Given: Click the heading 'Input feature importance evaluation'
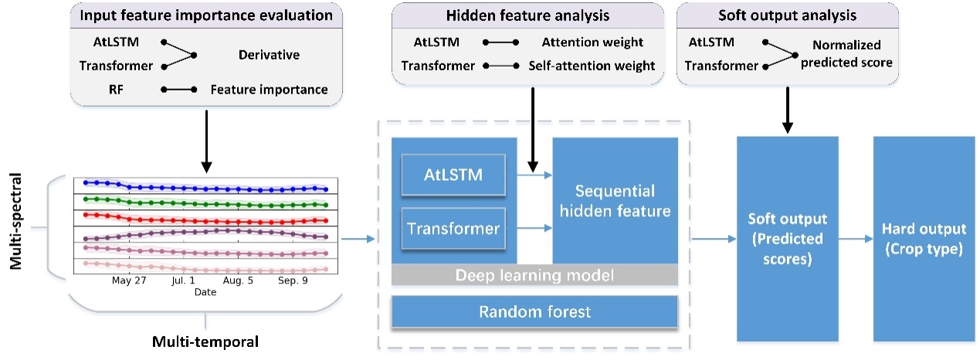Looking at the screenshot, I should tap(206, 16).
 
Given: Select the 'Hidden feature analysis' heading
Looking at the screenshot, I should tap(529, 16).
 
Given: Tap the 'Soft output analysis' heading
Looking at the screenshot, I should tap(786, 16).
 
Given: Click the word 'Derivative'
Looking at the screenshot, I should tap(269, 55).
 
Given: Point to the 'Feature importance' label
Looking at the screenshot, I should tap(269, 90).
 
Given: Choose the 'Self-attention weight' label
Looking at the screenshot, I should tap(592, 66).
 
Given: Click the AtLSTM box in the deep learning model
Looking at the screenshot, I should tap(453, 175).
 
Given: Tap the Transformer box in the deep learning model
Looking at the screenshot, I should tap(453, 228).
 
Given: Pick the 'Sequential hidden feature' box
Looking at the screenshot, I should tap(615, 200).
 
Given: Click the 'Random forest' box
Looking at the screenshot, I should tap(534, 311).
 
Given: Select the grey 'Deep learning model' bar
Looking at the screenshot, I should tap(534, 274).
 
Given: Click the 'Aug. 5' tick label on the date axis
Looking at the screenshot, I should tap(237, 282).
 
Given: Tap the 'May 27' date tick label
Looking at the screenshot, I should tap(129, 282).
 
